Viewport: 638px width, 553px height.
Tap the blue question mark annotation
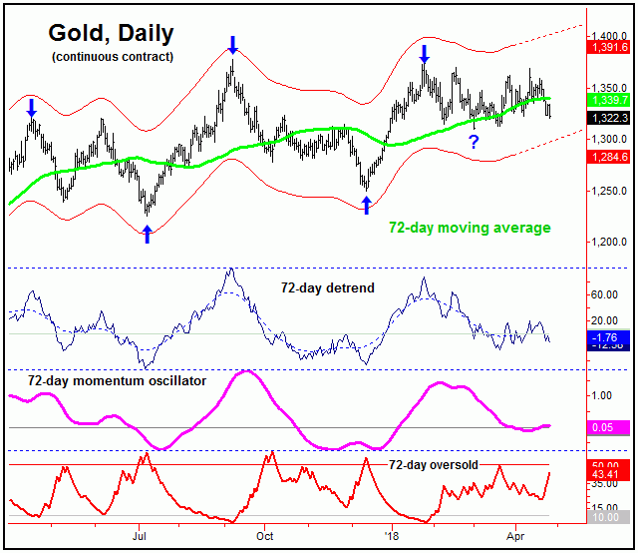click(x=474, y=142)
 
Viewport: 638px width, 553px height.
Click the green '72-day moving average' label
click(x=470, y=229)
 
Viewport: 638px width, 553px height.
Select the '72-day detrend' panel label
click(x=326, y=288)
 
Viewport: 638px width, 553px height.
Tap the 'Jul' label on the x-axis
click(x=140, y=535)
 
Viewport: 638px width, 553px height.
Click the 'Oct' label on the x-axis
click(x=265, y=535)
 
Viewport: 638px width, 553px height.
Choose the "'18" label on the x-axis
click(x=391, y=535)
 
